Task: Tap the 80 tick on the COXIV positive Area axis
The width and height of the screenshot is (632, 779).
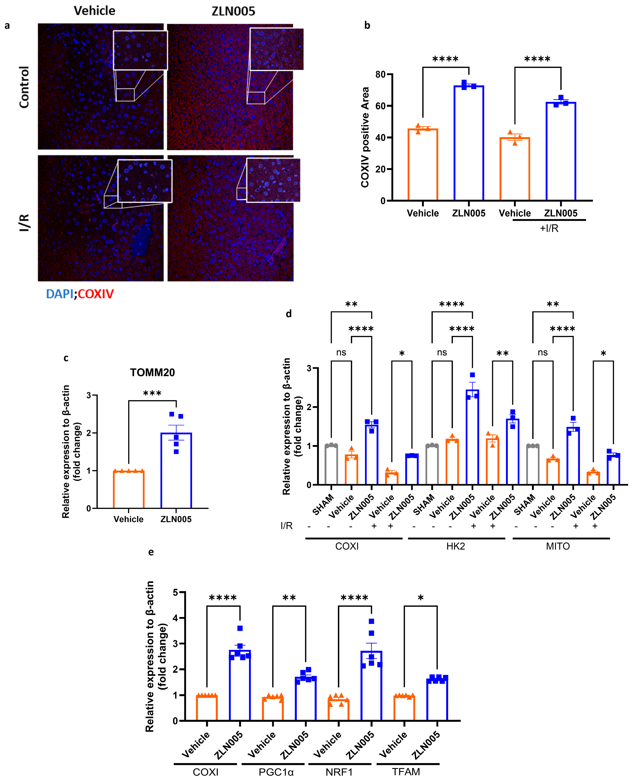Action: pos(380,74)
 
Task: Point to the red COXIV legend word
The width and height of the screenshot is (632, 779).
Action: pos(96,294)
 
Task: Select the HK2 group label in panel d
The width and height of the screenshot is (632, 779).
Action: pos(455,546)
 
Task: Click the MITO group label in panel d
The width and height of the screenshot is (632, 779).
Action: pos(558,546)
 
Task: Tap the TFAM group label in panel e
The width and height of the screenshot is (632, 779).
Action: pos(406,772)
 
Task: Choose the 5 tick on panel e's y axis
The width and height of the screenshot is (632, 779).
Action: pos(175,592)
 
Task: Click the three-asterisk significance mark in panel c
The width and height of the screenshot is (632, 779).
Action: pos(152,393)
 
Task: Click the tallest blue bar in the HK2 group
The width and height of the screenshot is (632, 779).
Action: pos(472,437)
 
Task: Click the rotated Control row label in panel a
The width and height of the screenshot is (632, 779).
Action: pos(24,87)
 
